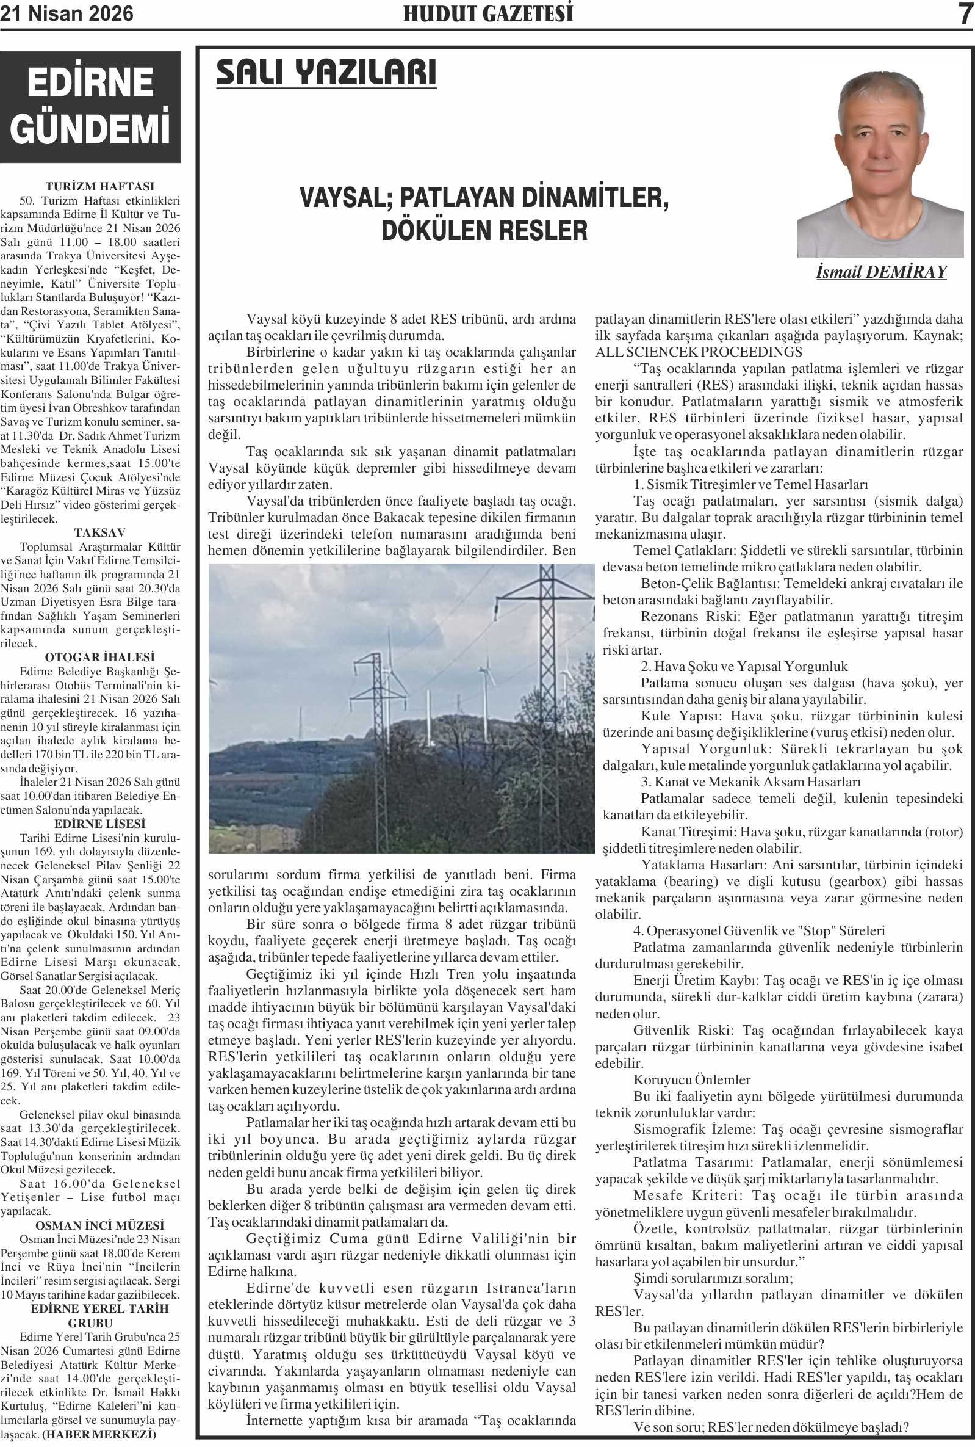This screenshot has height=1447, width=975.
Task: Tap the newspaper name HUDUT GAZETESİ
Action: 487,13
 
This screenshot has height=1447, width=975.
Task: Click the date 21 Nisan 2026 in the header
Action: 67,13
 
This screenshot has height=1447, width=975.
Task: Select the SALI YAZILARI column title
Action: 326,73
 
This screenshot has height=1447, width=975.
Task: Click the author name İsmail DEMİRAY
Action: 880,272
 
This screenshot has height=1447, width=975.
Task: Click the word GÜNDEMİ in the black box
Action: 90,128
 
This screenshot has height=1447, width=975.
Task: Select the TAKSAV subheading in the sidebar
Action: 99,532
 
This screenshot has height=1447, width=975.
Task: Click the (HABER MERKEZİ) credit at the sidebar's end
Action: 99,1435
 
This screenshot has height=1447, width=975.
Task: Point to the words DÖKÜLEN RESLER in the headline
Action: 484,230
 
